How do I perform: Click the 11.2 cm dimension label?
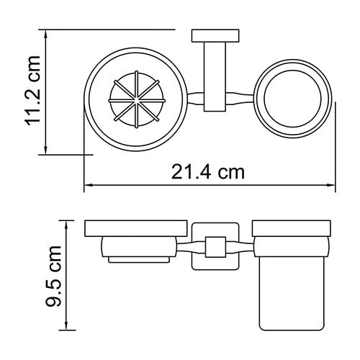click(x=32, y=93)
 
